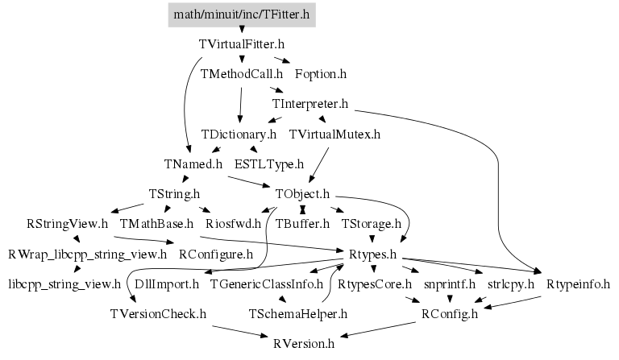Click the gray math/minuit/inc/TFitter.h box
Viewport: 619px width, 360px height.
point(242,14)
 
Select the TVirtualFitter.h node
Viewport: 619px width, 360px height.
point(242,44)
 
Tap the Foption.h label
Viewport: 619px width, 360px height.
point(321,74)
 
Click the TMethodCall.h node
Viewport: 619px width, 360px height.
point(242,74)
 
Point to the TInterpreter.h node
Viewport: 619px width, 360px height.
point(310,104)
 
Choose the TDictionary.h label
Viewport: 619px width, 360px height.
point(239,134)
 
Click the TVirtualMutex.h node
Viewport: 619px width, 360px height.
point(334,134)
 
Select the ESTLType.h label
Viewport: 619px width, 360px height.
point(269,164)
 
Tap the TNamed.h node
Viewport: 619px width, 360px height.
point(193,164)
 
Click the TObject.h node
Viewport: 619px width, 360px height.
point(302,194)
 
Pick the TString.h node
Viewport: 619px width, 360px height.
point(174,194)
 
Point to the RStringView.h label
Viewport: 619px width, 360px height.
point(67,224)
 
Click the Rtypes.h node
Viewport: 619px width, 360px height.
point(372,254)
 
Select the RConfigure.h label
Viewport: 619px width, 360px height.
point(216,254)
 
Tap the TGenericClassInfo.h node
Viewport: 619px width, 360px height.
point(267,284)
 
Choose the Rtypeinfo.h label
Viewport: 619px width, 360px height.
point(579,284)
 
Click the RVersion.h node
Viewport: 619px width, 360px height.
point(304,344)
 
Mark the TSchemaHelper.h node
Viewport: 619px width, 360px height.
point(298,314)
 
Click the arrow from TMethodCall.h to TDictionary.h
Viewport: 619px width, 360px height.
point(240,105)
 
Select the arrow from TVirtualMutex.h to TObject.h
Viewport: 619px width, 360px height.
point(318,165)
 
